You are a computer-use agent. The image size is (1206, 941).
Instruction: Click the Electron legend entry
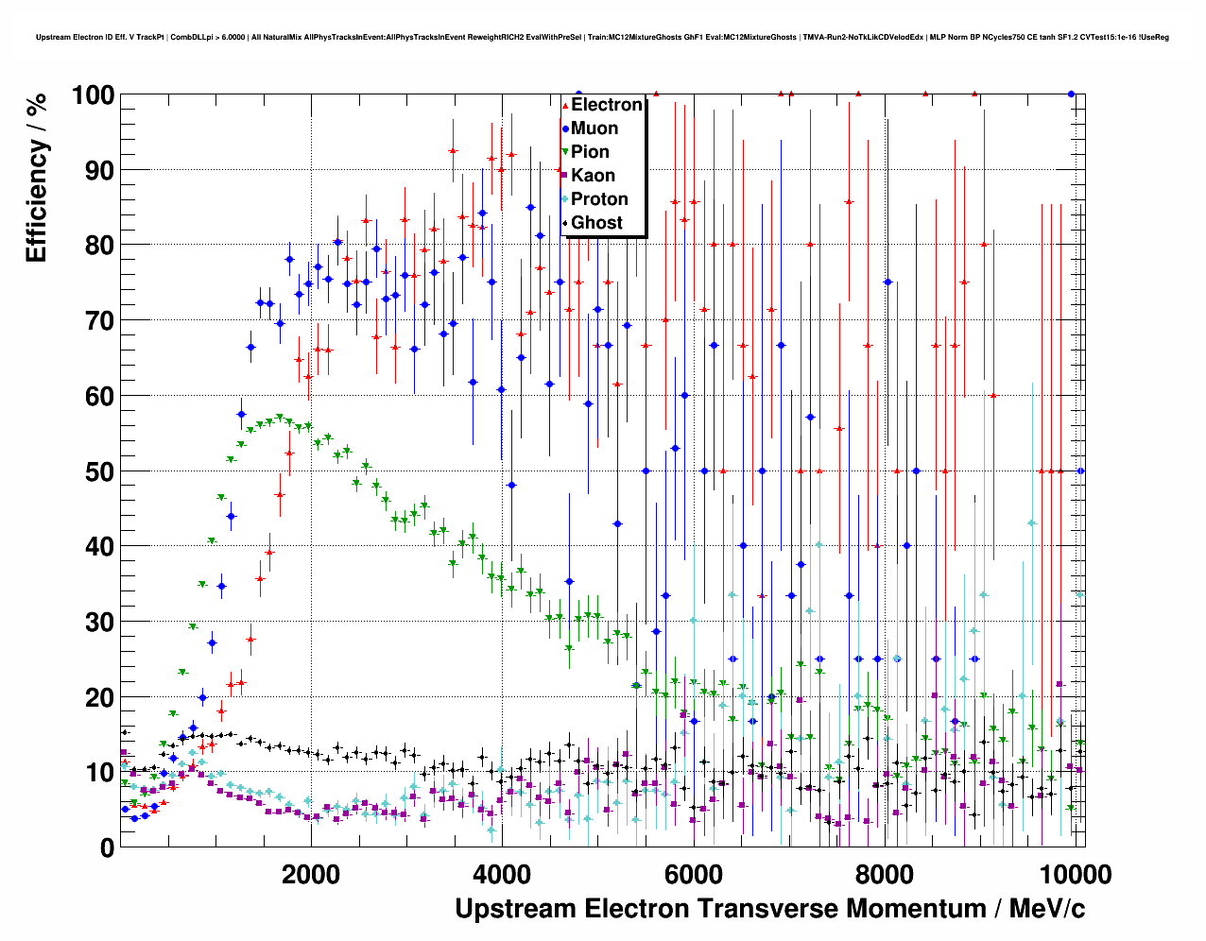click(x=606, y=105)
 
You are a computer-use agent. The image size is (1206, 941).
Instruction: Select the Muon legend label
click(x=594, y=128)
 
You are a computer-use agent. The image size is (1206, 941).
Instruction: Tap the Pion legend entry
click(x=590, y=152)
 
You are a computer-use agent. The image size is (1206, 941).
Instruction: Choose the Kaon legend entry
click(x=593, y=176)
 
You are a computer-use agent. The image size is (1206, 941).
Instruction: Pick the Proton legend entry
click(x=599, y=199)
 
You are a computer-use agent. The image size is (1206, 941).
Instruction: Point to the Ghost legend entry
click(x=596, y=223)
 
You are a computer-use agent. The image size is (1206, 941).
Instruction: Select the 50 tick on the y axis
click(x=99, y=471)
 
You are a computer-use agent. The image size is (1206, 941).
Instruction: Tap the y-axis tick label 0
click(x=107, y=847)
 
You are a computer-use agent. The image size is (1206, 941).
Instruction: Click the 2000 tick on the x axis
click(x=311, y=874)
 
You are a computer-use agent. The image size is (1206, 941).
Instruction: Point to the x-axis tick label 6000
click(x=693, y=874)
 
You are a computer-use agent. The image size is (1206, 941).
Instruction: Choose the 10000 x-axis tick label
click(x=1074, y=874)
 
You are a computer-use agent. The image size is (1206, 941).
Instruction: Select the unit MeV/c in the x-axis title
click(x=1047, y=909)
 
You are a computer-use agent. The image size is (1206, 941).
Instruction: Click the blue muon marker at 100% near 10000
click(x=1071, y=94)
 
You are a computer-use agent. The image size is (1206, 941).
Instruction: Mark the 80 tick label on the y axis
click(x=99, y=245)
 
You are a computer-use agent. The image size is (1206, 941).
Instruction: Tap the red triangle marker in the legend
click(x=564, y=106)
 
